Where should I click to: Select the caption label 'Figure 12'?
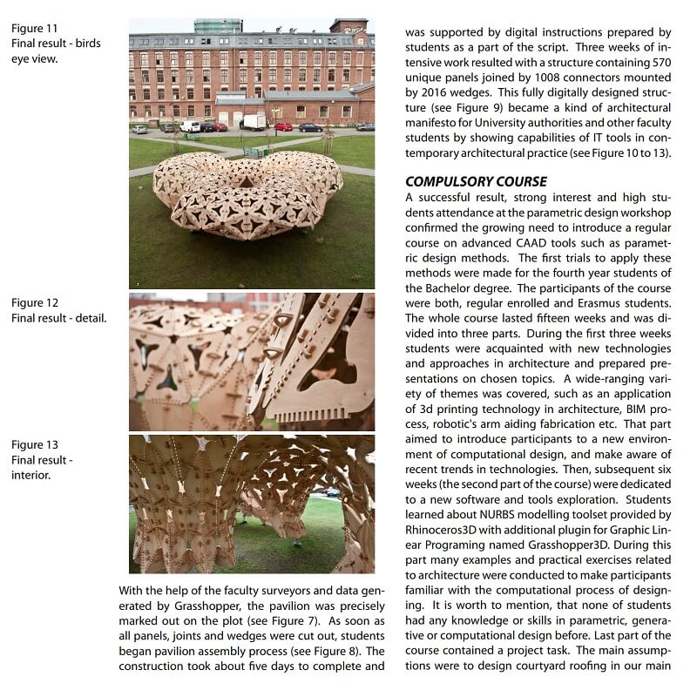click(34, 302)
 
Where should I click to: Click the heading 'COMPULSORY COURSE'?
click(477, 181)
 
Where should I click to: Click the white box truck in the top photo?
click(254, 122)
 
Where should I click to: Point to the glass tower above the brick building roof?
click(217, 26)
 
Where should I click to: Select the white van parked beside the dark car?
click(190, 126)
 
